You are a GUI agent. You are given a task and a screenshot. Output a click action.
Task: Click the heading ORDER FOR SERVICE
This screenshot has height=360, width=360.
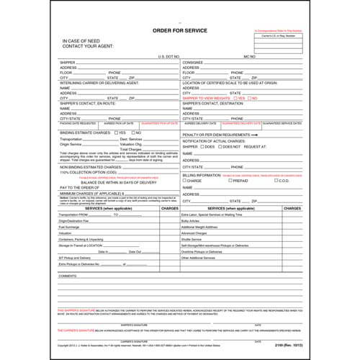179,32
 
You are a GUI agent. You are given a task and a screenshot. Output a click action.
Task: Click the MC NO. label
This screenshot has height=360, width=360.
250,55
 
